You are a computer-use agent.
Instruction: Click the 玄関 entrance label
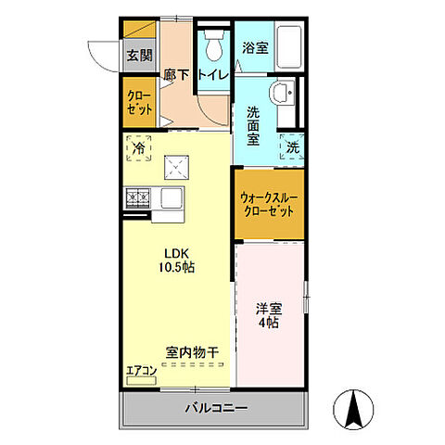[x=139, y=55]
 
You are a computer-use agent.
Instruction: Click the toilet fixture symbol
[x=214, y=41]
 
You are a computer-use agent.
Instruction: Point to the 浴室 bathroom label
[x=255, y=46]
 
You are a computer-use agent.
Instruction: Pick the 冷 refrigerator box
[x=138, y=146]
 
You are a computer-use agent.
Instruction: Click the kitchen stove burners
[x=138, y=197]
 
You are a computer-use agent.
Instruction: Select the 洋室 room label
[x=268, y=309]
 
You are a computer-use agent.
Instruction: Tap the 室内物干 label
[x=192, y=352]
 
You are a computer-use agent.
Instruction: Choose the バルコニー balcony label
[x=214, y=407]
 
